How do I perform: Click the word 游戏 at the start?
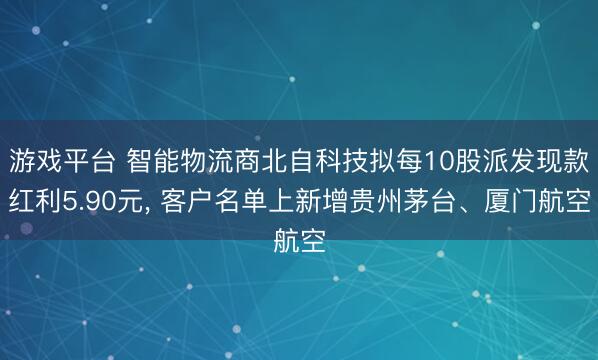coord(38,160)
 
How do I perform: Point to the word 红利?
coord(36,200)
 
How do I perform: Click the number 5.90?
coord(93,200)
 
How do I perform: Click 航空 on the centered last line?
coord(299,240)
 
